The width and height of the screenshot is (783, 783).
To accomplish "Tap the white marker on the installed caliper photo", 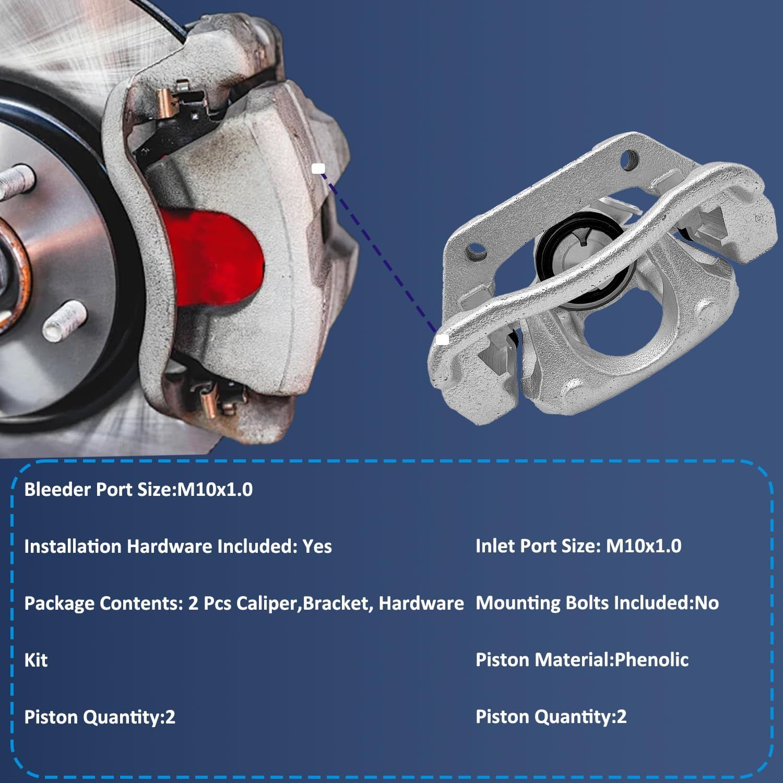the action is click(318, 168).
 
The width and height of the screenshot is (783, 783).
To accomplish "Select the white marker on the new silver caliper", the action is click(442, 339).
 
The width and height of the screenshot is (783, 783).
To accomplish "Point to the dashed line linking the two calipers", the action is click(380, 254).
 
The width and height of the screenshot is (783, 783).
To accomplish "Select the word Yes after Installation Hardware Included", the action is click(317, 547).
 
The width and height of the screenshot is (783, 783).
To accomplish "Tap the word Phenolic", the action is click(651, 660).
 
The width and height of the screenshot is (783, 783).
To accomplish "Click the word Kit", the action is click(36, 660).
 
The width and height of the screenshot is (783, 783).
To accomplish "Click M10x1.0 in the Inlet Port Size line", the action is click(644, 546).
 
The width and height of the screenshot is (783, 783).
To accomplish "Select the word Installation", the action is click(73, 547).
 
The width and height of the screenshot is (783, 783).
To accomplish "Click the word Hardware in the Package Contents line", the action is click(421, 603).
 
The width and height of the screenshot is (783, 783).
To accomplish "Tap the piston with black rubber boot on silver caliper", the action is click(579, 251).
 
